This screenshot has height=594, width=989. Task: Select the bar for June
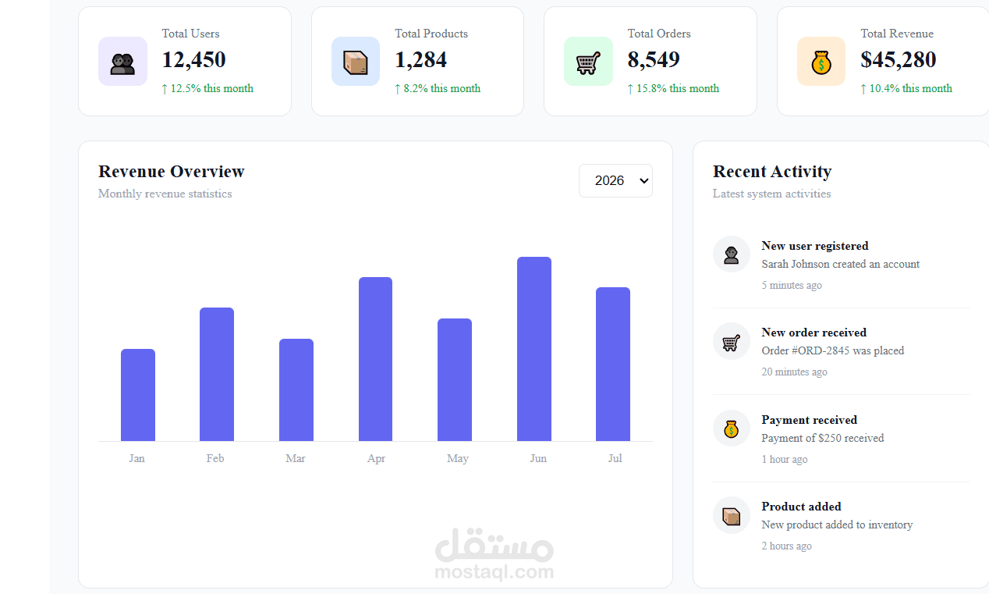tap(534, 349)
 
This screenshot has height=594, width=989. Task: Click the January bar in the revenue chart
tap(138, 395)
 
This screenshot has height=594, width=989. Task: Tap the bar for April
tap(375, 359)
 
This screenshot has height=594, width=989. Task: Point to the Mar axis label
tap(296, 458)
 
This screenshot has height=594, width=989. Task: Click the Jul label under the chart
tap(615, 458)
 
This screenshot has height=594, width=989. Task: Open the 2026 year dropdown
tap(615, 181)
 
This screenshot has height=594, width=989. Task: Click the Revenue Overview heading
tap(172, 172)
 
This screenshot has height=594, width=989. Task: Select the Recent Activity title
tap(772, 172)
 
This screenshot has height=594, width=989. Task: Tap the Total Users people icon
tap(122, 62)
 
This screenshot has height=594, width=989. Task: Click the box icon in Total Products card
tap(356, 62)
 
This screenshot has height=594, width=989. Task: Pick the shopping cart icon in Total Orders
tap(588, 62)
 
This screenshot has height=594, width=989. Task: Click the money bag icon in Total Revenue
tap(821, 62)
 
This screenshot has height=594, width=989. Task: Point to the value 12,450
tap(194, 59)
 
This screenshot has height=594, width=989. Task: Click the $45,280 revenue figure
tap(898, 59)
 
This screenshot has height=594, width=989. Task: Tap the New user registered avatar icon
tap(731, 254)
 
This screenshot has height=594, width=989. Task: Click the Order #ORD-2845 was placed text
tap(833, 350)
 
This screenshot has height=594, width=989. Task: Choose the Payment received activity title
tap(810, 419)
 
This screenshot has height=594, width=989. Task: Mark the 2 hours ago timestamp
tap(786, 546)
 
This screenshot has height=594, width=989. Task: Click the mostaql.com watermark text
tap(494, 572)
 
